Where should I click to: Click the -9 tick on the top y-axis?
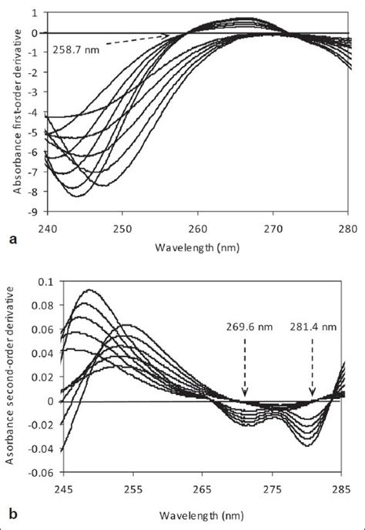(x=36, y=210)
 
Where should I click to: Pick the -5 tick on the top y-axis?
(x=36, y=132)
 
